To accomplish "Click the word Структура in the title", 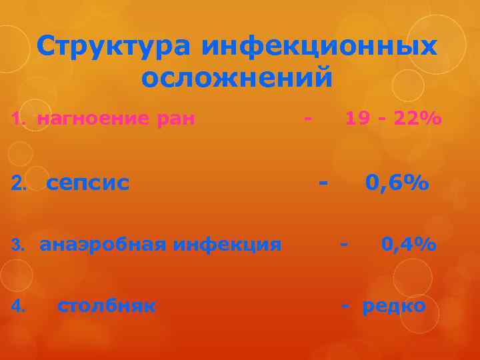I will (x=113, y=47).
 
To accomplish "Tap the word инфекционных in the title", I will (x=319, y=47).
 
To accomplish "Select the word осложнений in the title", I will (x=237, y=78).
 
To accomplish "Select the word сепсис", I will (x=88, y=182).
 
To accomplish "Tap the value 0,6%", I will (x=396, y=181).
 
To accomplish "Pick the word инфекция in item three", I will (x=227, y=245).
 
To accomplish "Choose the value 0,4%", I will (x=409, y=245).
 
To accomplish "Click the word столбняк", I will (x=107, y=306).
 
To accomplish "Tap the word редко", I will (x=393, y=306).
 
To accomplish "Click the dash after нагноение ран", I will (x=307, y=119).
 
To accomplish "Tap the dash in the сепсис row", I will (x=323, y=181).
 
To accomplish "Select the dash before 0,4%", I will (x=343, y=245).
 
